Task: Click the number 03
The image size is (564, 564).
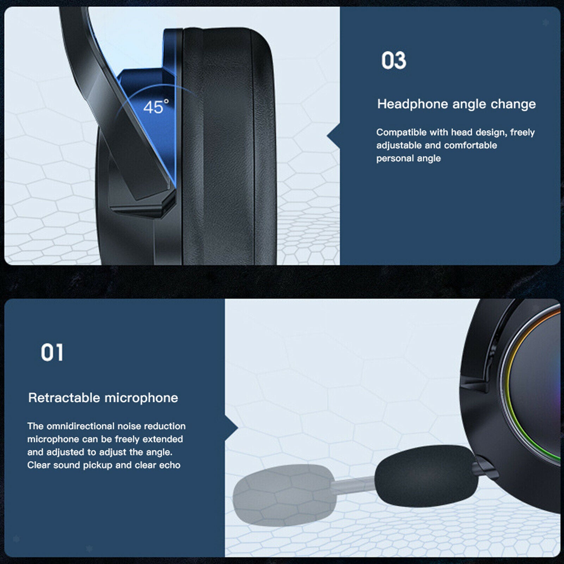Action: (394, 60)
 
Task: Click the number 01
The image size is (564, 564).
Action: (52, 352)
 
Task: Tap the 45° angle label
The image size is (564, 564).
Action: (156, 107)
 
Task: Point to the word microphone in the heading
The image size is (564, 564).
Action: (141, 398)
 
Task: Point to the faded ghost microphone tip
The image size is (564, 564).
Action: (284, 495)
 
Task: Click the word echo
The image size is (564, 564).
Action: (170, 465)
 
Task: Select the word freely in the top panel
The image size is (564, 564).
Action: (522, 133)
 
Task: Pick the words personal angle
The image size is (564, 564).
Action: (408, 159)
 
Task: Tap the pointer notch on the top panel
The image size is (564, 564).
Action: (333, 136)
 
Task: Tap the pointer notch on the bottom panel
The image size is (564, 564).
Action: (232, 428)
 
